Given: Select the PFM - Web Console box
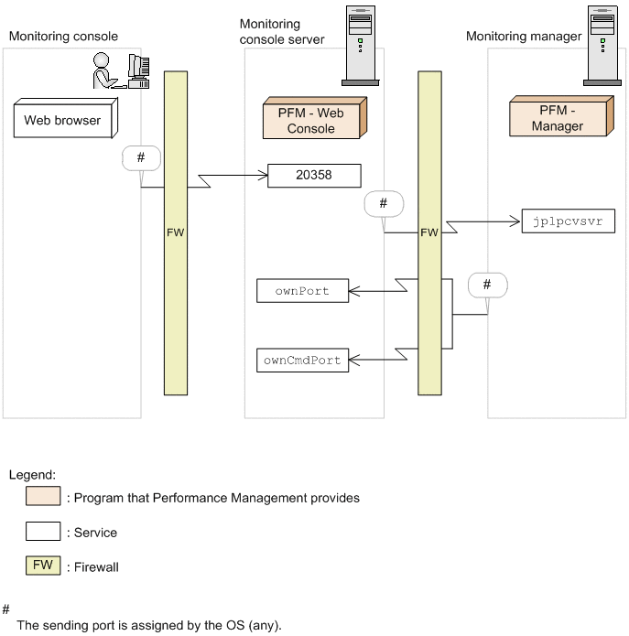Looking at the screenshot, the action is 315,118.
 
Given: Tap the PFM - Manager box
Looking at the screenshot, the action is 561,116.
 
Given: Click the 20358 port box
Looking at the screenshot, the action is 314,176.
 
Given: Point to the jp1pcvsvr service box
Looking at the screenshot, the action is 569,221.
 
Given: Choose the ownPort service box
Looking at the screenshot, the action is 302,290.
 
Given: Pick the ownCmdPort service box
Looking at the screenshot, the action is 302,361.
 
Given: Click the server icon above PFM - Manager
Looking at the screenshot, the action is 602,46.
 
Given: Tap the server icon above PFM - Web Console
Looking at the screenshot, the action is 361,46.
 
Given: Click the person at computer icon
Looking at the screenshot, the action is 122,70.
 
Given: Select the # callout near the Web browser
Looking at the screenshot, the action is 141,157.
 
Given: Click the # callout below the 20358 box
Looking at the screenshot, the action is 384,204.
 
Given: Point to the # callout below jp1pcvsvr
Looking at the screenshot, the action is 487,286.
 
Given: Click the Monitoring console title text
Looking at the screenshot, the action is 63,36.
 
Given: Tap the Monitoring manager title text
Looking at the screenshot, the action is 524,36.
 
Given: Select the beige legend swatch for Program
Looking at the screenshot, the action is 43,496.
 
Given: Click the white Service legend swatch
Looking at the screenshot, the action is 43,531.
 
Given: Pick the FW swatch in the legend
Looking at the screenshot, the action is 43,566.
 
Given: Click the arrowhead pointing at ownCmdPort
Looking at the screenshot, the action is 353,360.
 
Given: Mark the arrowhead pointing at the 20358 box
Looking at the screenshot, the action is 263,176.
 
